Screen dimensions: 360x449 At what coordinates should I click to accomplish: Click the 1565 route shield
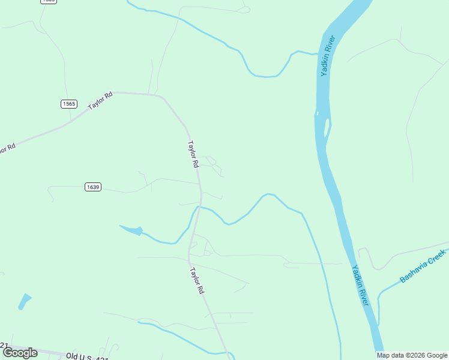tap(69, 104)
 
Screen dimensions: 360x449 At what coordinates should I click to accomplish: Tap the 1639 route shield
tap(92, 187)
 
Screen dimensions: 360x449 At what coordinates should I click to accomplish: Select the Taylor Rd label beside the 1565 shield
tap(100, 100)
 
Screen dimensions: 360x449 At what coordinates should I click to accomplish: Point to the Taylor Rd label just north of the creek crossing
tap(193, 154)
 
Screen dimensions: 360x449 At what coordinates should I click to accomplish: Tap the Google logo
tap(20, 353)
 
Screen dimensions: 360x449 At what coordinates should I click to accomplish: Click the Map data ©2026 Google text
tap(412, 355)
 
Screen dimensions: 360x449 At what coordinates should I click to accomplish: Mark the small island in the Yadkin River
tap(327, 127)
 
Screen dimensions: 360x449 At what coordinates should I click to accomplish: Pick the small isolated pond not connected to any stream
tap(25, 301)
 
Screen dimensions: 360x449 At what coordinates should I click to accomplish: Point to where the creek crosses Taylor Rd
tap(196, 208)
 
